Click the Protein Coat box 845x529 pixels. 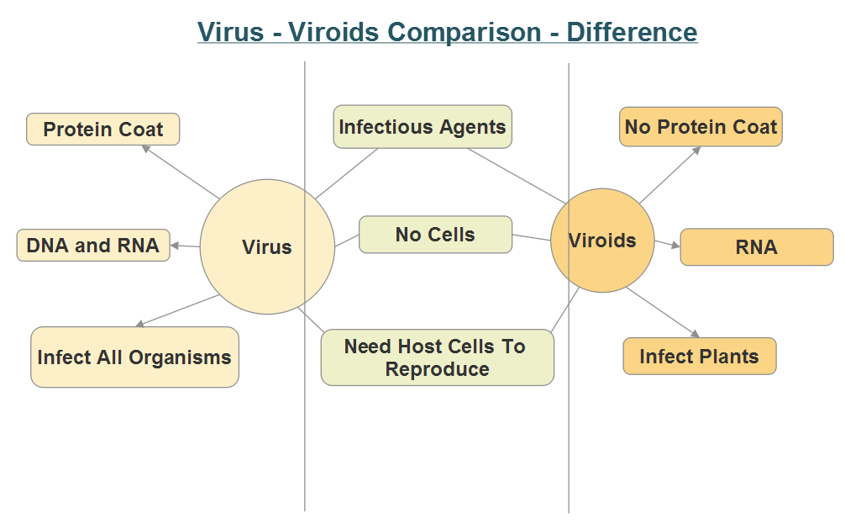tap(102, 130)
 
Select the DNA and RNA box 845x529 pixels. tap(93, 246)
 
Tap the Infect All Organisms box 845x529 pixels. tap(134, 357)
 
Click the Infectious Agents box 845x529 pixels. tap(422, 127)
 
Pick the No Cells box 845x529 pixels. tap(435, 235)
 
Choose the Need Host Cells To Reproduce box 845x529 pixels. tap(437, 357)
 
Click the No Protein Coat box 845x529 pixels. tap(701, 127)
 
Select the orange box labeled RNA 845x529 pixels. tap(756, 247)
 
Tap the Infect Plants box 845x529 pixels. tap(699, 356)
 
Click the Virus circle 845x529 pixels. tap(266, 247)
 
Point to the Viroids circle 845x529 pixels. tap(602, 241)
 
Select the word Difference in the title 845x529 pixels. tap(632, 32)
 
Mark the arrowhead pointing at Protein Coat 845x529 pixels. tap(144, 148)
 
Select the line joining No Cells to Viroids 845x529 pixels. tap(531, 238)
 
